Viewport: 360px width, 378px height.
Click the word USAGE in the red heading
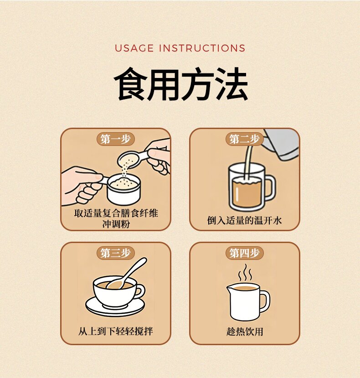(134, 48)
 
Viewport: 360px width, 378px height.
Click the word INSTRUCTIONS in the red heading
(202, 48)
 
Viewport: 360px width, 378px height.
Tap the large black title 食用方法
(181, 84)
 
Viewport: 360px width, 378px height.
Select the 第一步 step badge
(116, 139)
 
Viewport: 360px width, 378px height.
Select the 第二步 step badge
(244, 139)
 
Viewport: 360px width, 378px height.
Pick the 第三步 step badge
(116, 253)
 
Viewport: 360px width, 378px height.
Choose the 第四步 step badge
(244, 253)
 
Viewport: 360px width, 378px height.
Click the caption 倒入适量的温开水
(244, 220)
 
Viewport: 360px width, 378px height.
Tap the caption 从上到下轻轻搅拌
(116, 331)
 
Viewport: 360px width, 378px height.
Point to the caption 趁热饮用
(245, 331)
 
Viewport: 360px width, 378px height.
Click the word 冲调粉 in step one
(116, 224)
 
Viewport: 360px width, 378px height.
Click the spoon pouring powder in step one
(132, 159)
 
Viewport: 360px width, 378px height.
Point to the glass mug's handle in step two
(270, 187)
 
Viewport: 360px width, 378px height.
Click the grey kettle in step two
(281, 144)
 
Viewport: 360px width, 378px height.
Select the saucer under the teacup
(115, 308)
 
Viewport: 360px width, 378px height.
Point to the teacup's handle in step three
(140, 291)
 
